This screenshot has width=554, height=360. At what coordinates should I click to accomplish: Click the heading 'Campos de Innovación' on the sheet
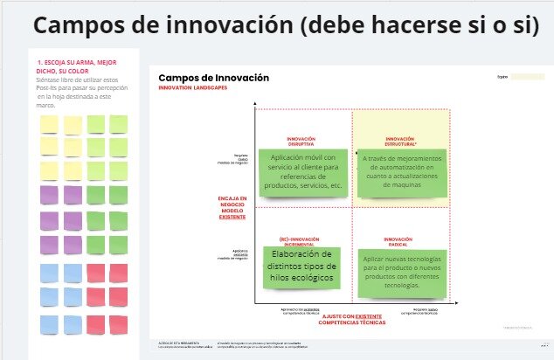pos(213,79)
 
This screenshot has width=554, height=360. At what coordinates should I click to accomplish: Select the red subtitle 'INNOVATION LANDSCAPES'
pos(189,88)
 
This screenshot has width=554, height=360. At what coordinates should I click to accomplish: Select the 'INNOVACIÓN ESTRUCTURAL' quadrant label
pos(399,142)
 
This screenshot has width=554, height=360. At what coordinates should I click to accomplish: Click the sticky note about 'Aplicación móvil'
pos(300,172)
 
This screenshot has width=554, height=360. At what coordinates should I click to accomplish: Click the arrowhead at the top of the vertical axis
pos(253,106)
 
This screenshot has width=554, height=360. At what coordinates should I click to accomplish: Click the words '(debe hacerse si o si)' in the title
pos(419,25)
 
